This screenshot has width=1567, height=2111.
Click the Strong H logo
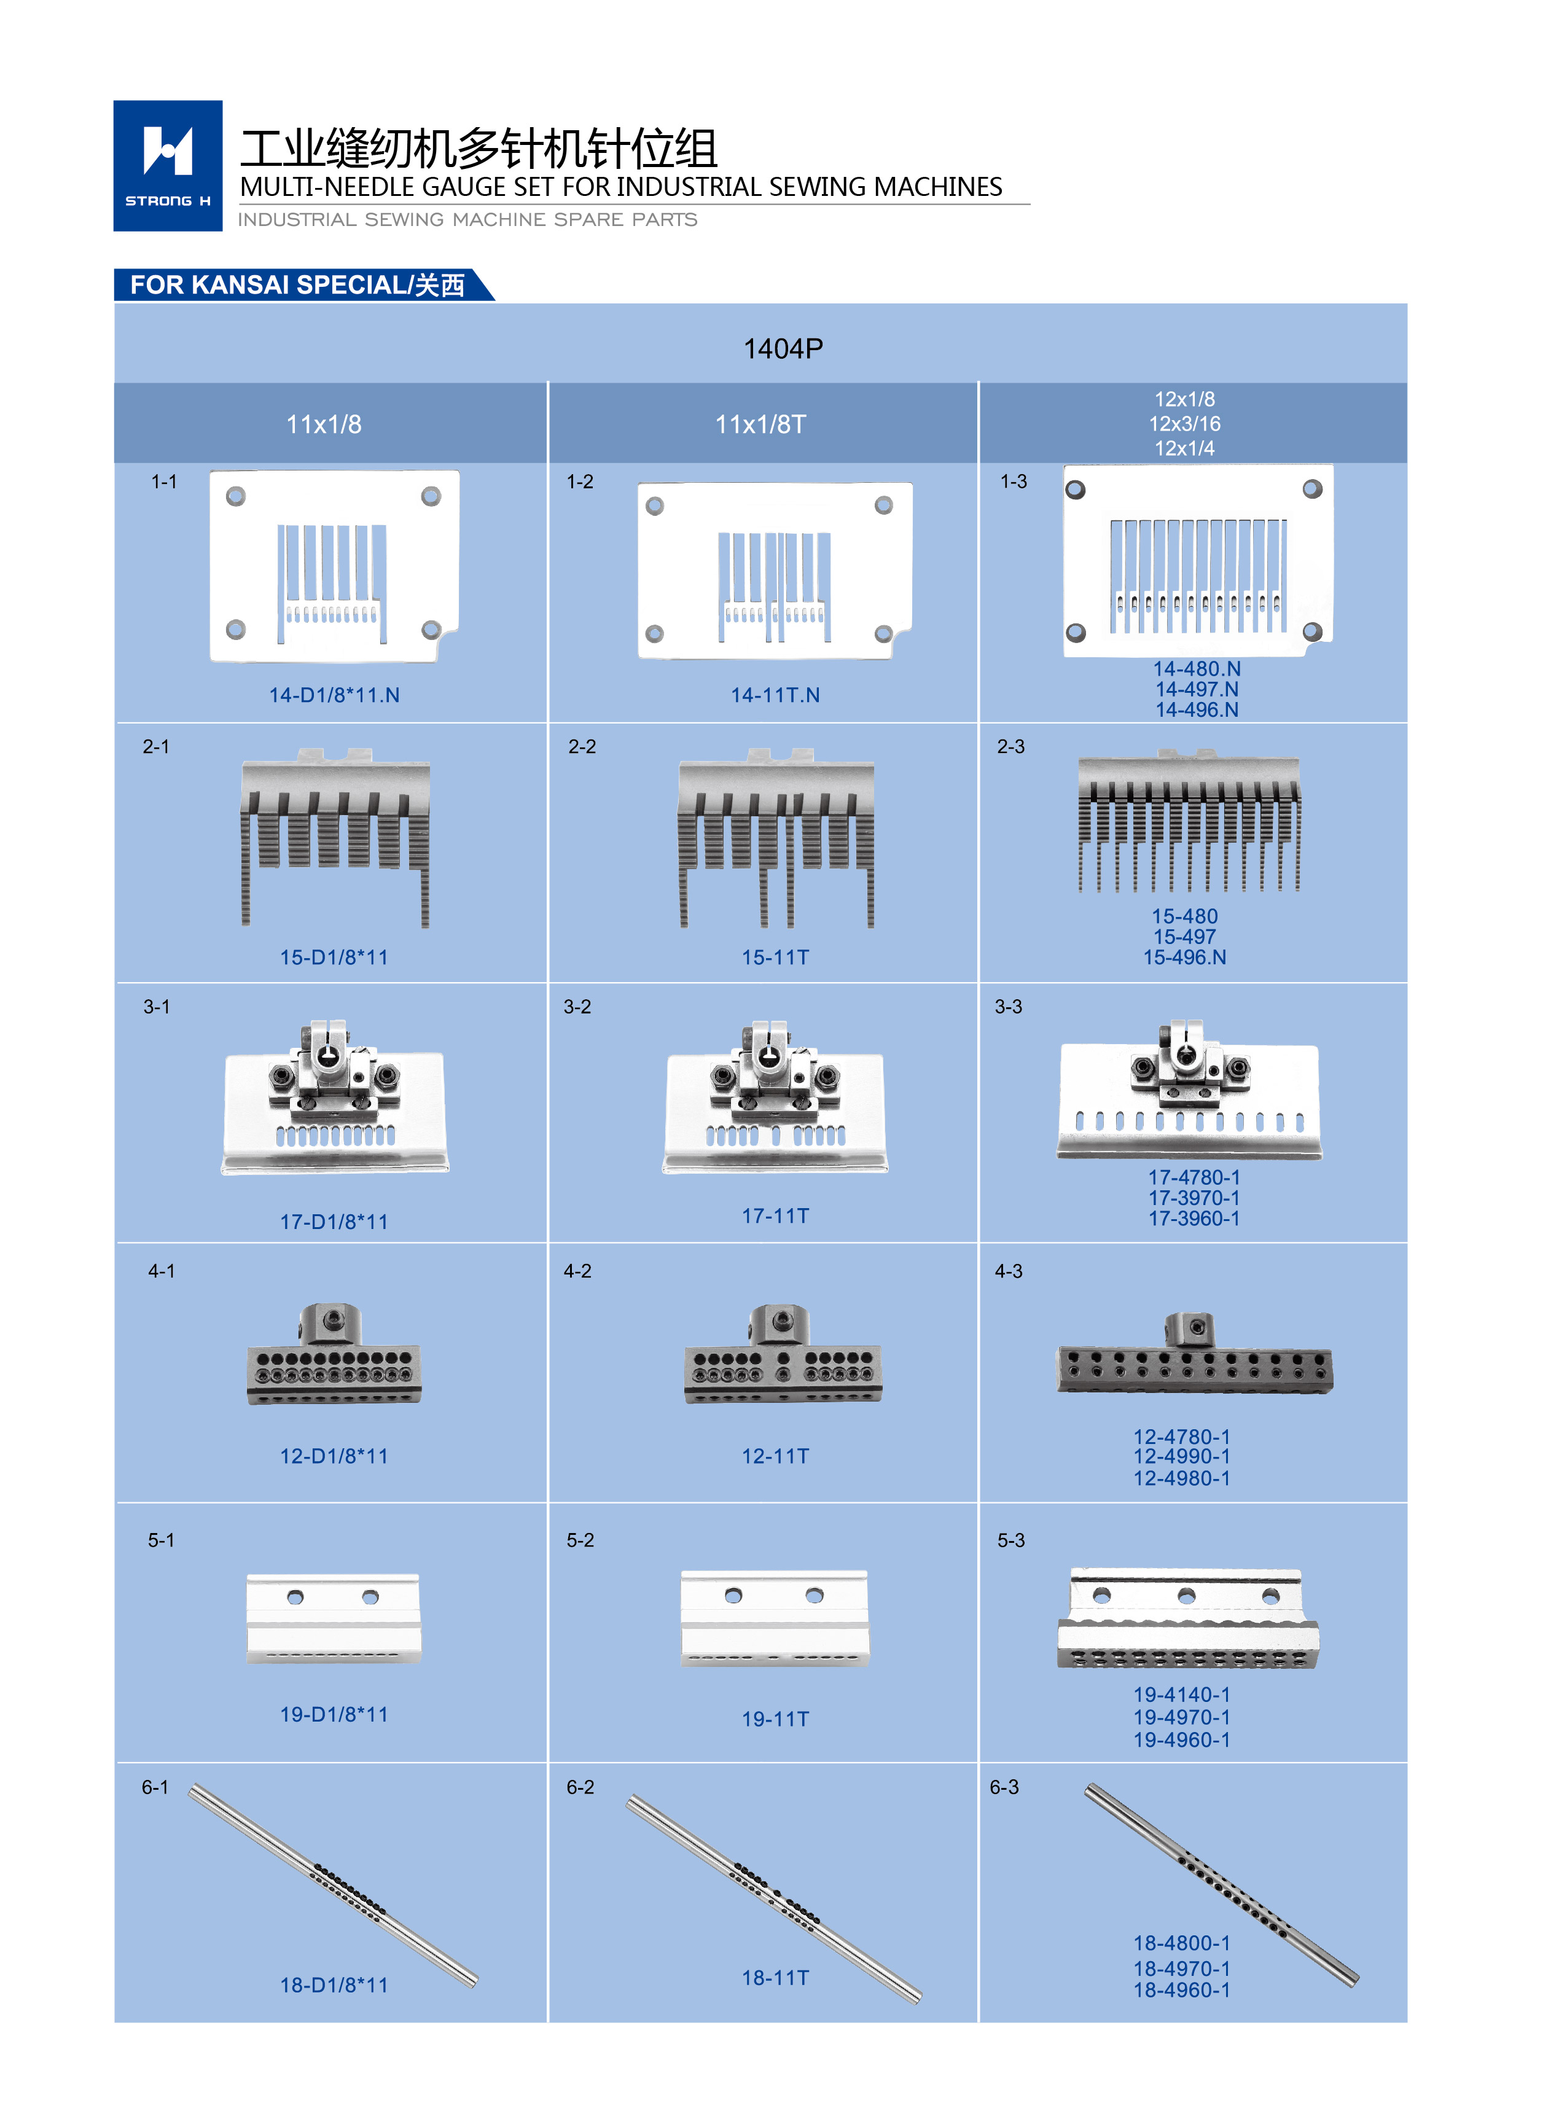(x=168, y=165)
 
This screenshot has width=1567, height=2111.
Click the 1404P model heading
(x=783, y=349)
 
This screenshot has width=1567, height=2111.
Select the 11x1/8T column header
(x=760, y=424)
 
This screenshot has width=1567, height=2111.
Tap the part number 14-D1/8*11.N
(x=334, y=695)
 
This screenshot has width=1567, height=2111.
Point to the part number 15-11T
(x=775, y=958)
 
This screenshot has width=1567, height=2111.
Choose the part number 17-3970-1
(x=1194, y=1198)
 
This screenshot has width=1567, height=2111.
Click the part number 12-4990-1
(x=1181, y=1457)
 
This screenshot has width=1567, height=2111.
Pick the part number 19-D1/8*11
(x=334, y=1715)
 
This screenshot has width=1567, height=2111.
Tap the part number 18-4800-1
(x=1181, y=1943)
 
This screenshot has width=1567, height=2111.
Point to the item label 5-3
(x=1011, y=1540)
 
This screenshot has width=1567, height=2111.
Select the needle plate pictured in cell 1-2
(x=775, y=571)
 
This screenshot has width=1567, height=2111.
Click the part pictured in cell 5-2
(x=774, y=1618)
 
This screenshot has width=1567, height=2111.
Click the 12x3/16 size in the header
(x=1185, y=424)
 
